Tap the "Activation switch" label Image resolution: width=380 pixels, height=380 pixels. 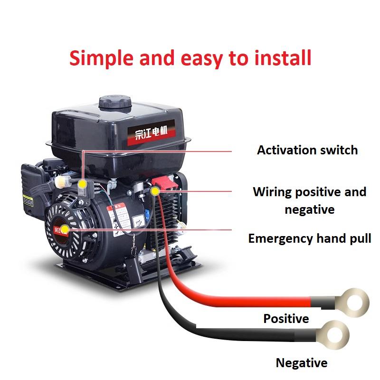click(x=307, y=150)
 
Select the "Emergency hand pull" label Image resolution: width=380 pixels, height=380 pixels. click(x=310, y=238)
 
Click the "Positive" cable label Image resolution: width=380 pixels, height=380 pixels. click(x=286, y=318)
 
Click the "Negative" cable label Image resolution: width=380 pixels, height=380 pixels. click(x=301, y=363)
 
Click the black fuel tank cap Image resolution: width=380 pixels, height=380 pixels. click(x=114, y=103)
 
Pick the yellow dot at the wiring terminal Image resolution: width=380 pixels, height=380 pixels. click(x=154, y=191)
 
